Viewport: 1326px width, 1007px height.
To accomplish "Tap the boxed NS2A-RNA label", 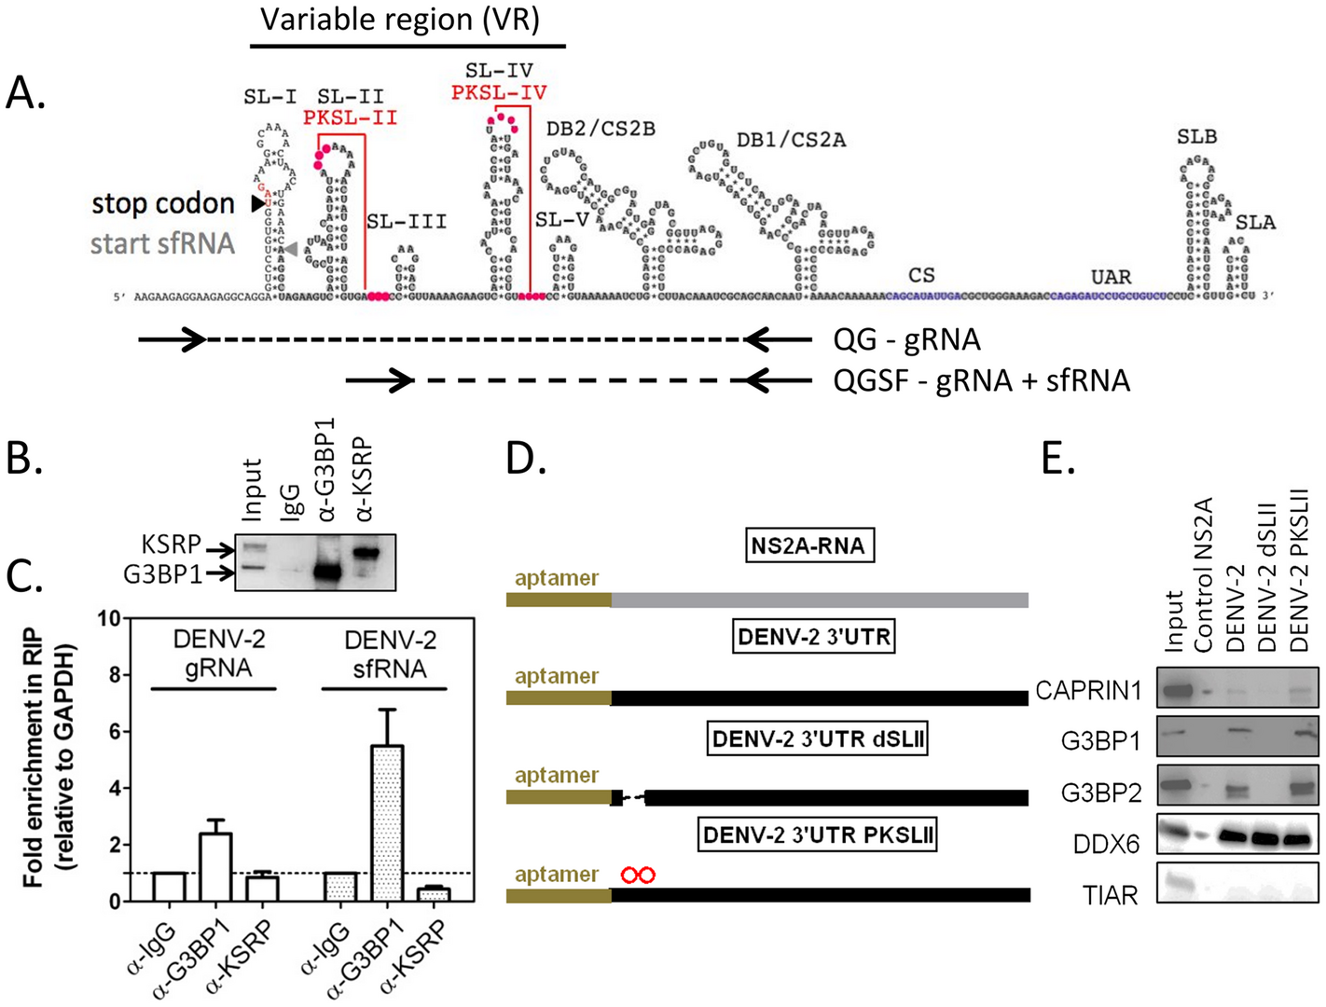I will [808, 545].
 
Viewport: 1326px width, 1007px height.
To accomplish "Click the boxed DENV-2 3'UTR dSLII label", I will [818, 739].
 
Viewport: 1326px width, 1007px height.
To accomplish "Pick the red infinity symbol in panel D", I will [639, 875].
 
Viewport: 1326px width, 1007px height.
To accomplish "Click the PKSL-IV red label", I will [499, 93].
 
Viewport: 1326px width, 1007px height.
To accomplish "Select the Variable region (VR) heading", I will [400, 20].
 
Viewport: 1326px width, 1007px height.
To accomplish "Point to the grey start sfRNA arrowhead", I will [292, 249].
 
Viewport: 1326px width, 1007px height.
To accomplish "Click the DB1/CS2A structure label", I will [791, 141].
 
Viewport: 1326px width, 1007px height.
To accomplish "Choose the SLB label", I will [1196, 137].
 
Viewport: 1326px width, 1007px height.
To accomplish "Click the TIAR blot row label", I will [1110, 896].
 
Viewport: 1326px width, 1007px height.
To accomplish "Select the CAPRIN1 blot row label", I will [1088, 691].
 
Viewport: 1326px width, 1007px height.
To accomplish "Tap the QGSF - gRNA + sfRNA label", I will [981, 380].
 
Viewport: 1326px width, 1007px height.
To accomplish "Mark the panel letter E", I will [1057, 459].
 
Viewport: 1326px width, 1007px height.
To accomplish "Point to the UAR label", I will [1111, 277].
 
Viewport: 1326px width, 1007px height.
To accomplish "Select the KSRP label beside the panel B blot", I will [171, 545].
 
